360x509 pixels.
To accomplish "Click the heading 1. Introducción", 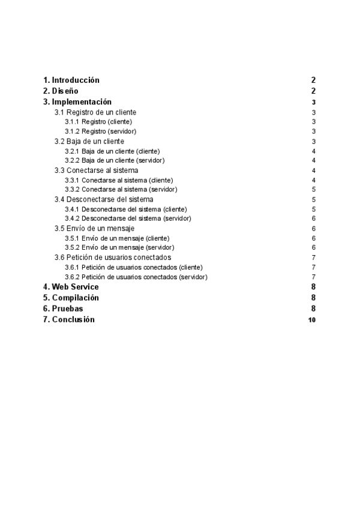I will [x=71, y=80].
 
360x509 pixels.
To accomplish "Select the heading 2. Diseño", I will [x=61, y=91].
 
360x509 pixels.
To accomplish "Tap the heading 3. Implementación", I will [x=77, y=102].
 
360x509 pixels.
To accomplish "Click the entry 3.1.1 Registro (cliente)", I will [x=98, y=122].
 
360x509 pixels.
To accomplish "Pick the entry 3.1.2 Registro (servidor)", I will [x=101, y=131].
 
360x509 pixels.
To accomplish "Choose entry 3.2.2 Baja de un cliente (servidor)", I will [x=115, y=160].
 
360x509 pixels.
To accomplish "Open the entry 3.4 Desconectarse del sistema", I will [x=104, y=199].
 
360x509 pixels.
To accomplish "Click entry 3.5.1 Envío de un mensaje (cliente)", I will [x=117, y=238].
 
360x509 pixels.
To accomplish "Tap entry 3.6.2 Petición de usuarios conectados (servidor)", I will [x=136, y=277].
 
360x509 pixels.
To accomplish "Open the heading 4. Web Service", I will [x=71, y=287].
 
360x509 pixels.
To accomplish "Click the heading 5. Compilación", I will [x=71, y=298].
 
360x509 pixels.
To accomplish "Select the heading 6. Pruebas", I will [x=63, y=309].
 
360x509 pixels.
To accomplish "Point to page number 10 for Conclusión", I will [x=311, y=320].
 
